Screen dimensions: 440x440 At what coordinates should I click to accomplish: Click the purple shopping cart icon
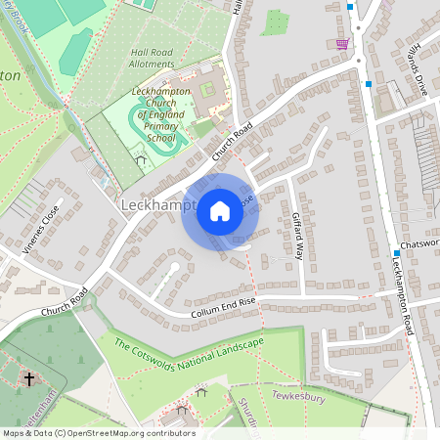[341, 43]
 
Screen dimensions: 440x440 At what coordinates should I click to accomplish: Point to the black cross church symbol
[28, 377]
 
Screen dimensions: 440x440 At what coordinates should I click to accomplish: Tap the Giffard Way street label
[297, 235]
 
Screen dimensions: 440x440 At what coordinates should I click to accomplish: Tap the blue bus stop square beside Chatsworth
[397, 252]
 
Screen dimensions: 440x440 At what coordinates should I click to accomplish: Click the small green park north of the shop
[275, 22]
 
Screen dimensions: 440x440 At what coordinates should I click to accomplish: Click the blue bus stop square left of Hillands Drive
[368, 84]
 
